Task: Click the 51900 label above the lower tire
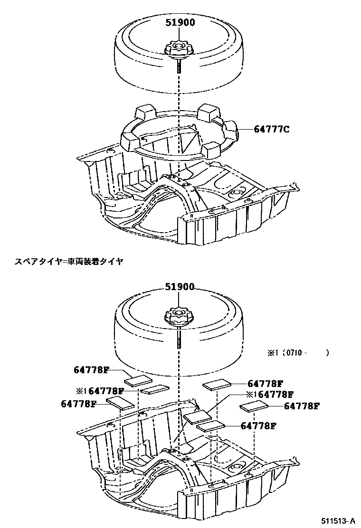tap(180, 287)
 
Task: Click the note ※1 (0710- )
tap(297, 353)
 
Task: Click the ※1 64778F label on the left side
tap(100, 391)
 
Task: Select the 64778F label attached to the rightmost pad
tap(302, 406)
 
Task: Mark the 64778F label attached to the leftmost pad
tap(79, 404)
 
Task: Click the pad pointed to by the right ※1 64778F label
tap(197, 417)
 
